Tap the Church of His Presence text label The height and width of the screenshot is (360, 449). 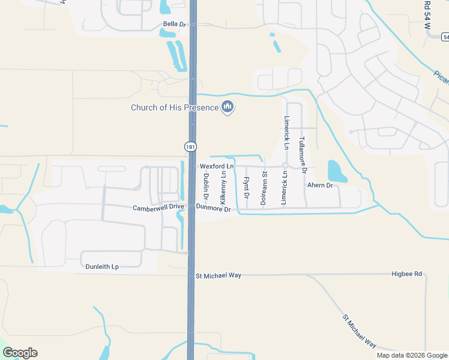pyautogui.click(x=175, y=108)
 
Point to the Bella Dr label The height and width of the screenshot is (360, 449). pyautogui.click(x=175, y=25)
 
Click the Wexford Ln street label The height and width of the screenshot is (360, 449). pyautogui.click(x=216, y=166)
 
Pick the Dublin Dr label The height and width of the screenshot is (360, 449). pyautogui.click(x=206, y=186)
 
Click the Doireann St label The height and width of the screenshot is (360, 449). pyautogui.click(x=264, y=188)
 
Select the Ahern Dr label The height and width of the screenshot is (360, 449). pyautogui.click(x=320, y=186)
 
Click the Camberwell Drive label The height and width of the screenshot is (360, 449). pyautogui.click(x=158, y=207)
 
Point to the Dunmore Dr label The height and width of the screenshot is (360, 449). pyautogui.click(x=214, y=209)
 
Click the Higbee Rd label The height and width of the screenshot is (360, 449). pyautogui.click(x=408, y=274)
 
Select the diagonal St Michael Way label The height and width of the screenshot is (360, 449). pyautogui.click(x=359, y=331)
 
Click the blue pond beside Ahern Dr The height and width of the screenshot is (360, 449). pyautogui.click(x=337, y=171)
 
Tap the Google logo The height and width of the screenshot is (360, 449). pyautogui.click(x=20, y=353)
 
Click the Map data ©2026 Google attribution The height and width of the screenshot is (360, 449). pyautogui.click(x=411, y=355)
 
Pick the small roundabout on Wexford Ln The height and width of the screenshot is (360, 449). pyautogui.click(x=286, y=166)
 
